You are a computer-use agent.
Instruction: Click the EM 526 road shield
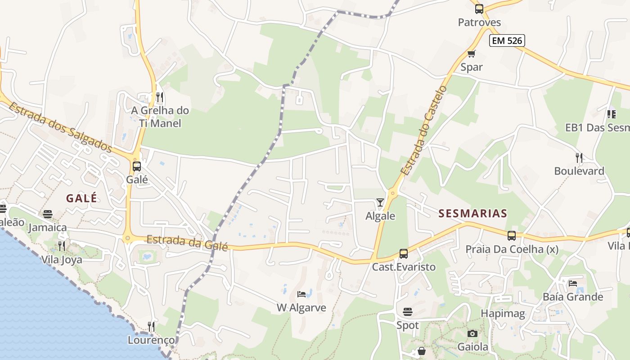pos(507,40)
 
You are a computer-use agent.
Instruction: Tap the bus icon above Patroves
pos(479,9)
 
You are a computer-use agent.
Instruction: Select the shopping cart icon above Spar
pos(471,54)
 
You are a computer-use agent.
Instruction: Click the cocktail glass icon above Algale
pos(380,202)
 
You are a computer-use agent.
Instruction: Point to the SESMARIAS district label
pos(472,213)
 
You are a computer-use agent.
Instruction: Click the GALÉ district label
pos(81,198)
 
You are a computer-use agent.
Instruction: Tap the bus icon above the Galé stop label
pos(137,166)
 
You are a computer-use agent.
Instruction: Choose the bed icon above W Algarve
pos(301,294)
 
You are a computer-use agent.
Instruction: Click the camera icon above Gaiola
pos(472,333)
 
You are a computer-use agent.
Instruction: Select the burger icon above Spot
pos(408,311)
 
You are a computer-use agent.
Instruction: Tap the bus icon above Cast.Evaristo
pos(404,253)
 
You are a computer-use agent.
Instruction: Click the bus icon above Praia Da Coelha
pos(512,235)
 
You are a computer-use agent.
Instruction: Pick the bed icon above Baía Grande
pos(572,283)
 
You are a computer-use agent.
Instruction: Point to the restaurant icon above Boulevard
pos(579,157)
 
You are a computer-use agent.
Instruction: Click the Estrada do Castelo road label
pos(423,130)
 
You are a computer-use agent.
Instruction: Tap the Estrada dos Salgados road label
pos(60,127)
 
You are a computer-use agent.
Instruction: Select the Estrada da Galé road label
pos(187,243)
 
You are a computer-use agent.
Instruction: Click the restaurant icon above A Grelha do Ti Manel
pos(159,97)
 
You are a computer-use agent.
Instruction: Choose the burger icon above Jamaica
pos(48,214)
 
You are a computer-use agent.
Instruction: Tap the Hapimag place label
pos(503,314)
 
